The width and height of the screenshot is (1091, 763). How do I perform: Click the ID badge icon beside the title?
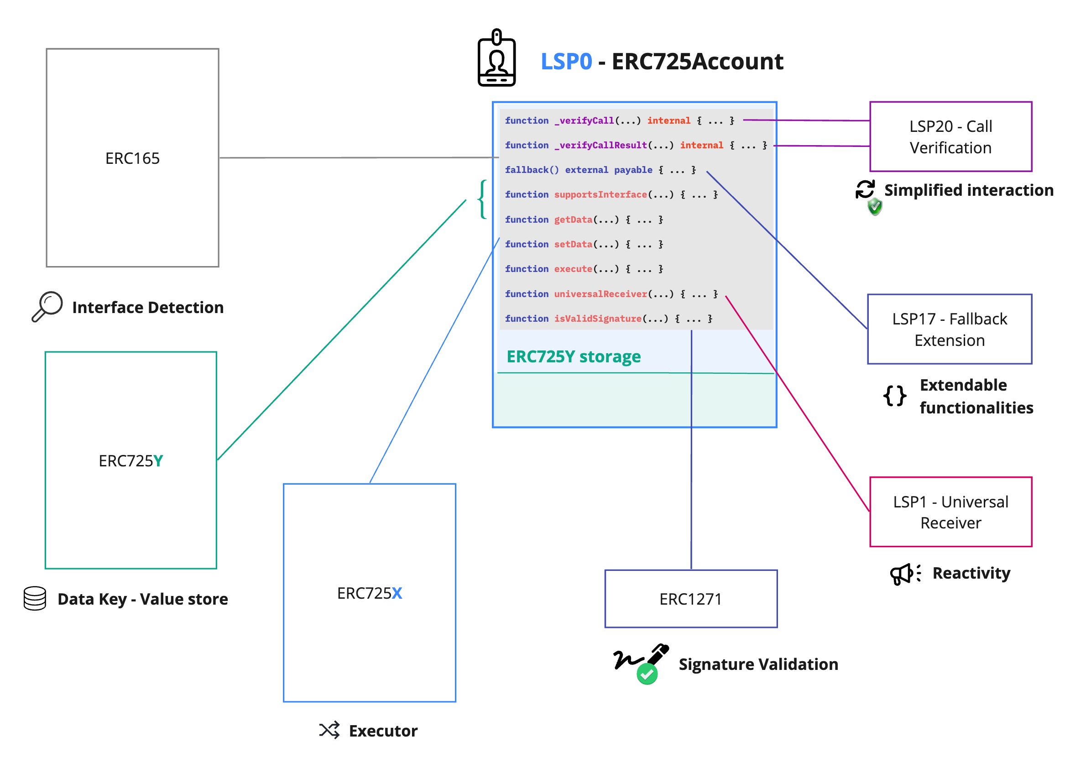(x=496, y=58)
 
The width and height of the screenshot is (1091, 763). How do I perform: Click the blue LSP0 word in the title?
(x=566, y=62)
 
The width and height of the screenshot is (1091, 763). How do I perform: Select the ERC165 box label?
(x=133, y=158)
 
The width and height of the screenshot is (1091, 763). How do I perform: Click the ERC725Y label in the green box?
(x=131, y=460)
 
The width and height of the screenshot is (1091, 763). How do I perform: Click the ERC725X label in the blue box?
(x=369, y=592)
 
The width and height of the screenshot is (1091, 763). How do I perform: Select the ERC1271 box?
(x=690, y=599)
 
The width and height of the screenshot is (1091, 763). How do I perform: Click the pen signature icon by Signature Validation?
(x=642, y=663)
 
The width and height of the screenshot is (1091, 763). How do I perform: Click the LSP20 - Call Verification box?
(x=950, y=137)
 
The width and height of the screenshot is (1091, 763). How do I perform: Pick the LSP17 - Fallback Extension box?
(x=950, y=329)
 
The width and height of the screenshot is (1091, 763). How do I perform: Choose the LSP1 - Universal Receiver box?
(x=950, y=512)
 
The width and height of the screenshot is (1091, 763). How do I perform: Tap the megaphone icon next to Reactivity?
(x=904, y=574)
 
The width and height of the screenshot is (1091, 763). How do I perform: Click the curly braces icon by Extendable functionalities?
(x=894, y=395)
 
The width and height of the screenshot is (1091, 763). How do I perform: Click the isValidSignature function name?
(x=597, y=319)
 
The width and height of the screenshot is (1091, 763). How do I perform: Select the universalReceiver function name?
(x=600, y=293)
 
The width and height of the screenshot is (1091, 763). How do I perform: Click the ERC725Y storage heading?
(x=573, y=356)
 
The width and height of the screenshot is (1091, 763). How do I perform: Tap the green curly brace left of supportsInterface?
(x=483, y=199)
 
